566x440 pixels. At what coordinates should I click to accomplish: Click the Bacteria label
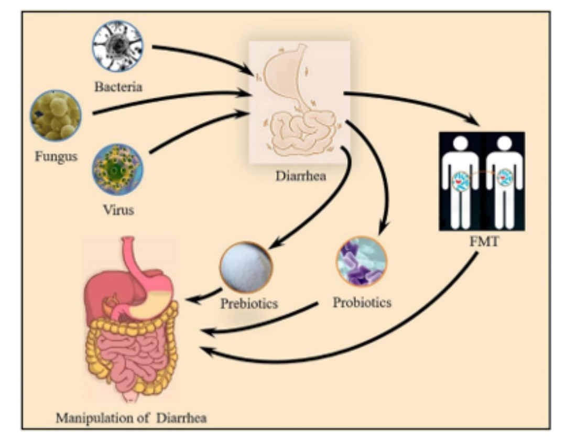pos(118,86)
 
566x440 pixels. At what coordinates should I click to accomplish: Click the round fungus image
pos(56,115)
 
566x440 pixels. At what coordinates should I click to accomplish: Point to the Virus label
pos(118,211)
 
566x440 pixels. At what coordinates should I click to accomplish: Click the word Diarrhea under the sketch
pos(301,176)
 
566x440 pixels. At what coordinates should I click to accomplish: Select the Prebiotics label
pos(249,304)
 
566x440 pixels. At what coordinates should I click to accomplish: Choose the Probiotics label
pos(362,303)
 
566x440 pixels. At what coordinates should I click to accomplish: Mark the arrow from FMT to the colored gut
pos(367,346)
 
